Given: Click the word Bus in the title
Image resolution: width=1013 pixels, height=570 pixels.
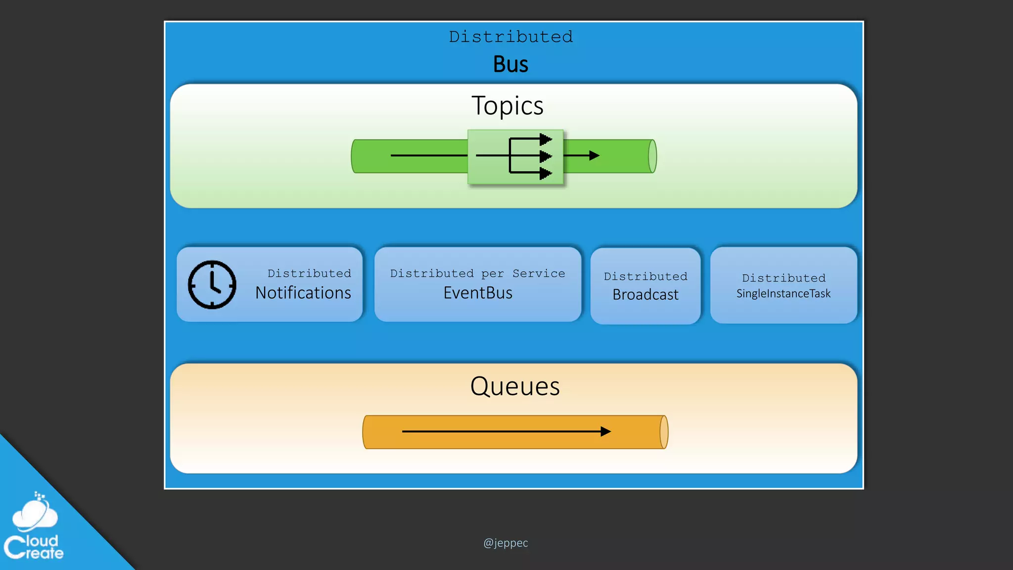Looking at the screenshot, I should [x=510, y=64].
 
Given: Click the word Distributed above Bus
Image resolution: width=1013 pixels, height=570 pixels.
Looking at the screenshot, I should [x=510, y=37].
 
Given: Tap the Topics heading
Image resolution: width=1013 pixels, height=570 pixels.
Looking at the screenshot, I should [x=507, y=105].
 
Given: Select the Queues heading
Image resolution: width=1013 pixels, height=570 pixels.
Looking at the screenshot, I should [x=514, y=386].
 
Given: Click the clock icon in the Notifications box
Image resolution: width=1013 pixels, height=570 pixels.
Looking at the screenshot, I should [x=212, y=285].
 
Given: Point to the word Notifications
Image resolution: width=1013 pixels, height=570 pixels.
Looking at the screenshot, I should [x=303, y=293].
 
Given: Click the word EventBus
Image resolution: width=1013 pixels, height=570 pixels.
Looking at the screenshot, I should [x=477, y=293].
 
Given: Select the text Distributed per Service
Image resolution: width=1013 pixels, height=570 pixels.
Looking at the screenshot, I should [x=477, y=273].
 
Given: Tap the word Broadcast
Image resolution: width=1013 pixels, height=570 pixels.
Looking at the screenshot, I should [x=645, y=294].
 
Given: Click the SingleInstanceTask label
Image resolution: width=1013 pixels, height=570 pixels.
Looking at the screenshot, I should [x=783, y=293].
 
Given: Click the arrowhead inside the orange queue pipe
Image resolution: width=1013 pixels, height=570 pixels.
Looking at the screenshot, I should [x=606, y=431].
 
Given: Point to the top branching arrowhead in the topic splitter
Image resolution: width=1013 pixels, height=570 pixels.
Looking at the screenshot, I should [x=546, y=139].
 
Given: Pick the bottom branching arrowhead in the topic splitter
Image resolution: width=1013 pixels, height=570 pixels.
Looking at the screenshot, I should [x=546, y=173].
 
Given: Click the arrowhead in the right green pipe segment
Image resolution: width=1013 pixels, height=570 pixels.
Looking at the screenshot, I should [x=595, y=156].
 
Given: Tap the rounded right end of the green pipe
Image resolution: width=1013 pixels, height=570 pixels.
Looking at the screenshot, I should [x=652, y=156].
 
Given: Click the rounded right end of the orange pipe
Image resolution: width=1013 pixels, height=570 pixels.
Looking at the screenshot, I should [x=664, y=432].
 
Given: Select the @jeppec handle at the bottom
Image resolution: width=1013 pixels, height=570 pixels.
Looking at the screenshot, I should [x=506, y=543].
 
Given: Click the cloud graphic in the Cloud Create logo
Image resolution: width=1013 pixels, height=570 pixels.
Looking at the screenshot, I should [x=35, y=515].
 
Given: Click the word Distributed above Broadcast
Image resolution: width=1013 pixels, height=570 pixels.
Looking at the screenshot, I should [x=645, y=276].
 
